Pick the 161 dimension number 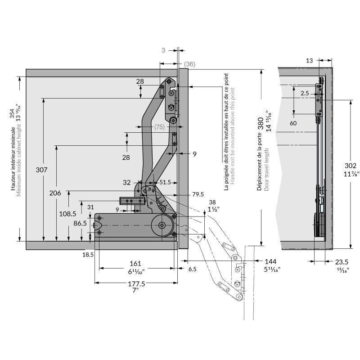[135, 263]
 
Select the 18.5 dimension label [88, 255]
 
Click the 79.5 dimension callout [198, 194]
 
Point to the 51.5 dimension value [165, 182]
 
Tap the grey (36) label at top [189, 64]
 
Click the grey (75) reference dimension [159, 127]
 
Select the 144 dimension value [270, 261]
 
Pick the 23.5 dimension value [342, 261]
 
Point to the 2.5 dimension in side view [305, 93]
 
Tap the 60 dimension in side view [293, 123]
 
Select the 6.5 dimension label [193, 269]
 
